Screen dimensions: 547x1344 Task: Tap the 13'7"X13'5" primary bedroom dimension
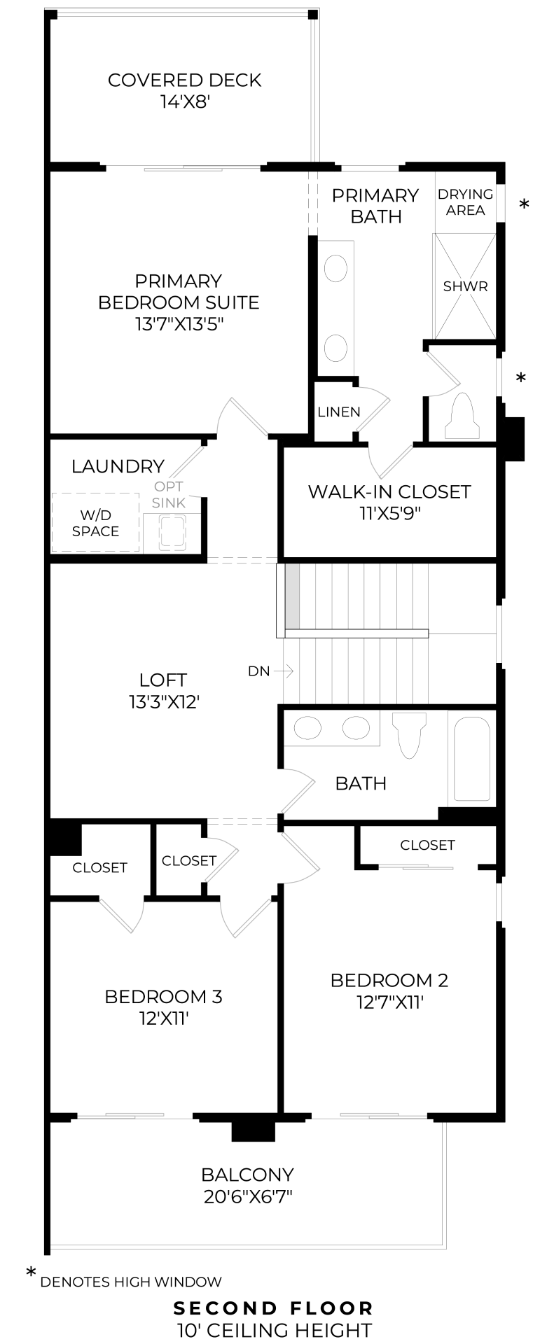pyautogui.click(x=179, y=324)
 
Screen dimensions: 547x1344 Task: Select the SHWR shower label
pyautogui.click(x=466, y=286)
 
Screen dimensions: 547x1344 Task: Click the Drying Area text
pyautogui.click(x=466, y=202)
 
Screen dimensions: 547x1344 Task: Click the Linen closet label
pyautogui.click(x=339, y=412)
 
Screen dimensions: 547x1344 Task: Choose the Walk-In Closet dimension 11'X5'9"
pyautogui.click(x=389, y=513)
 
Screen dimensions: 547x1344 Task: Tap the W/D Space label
pyautogui.click(x=96, y=523)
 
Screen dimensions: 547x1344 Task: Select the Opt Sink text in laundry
pyautogui.click(x=169, y=494)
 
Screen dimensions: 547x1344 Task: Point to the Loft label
pyautogui.click(x=163, y=680)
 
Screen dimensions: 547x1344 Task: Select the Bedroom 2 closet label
pyautogui.click(x=428, y=846)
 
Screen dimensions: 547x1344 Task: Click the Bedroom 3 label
pyautogui.click(x=163, y=996)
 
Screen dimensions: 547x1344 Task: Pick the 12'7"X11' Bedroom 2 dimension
pyautogui.click(x=389, y=1002)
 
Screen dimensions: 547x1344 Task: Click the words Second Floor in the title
pyautogui.click(x=273, y=1308)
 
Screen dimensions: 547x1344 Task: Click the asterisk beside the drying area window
pyautogui.click(x=524, y=204)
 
